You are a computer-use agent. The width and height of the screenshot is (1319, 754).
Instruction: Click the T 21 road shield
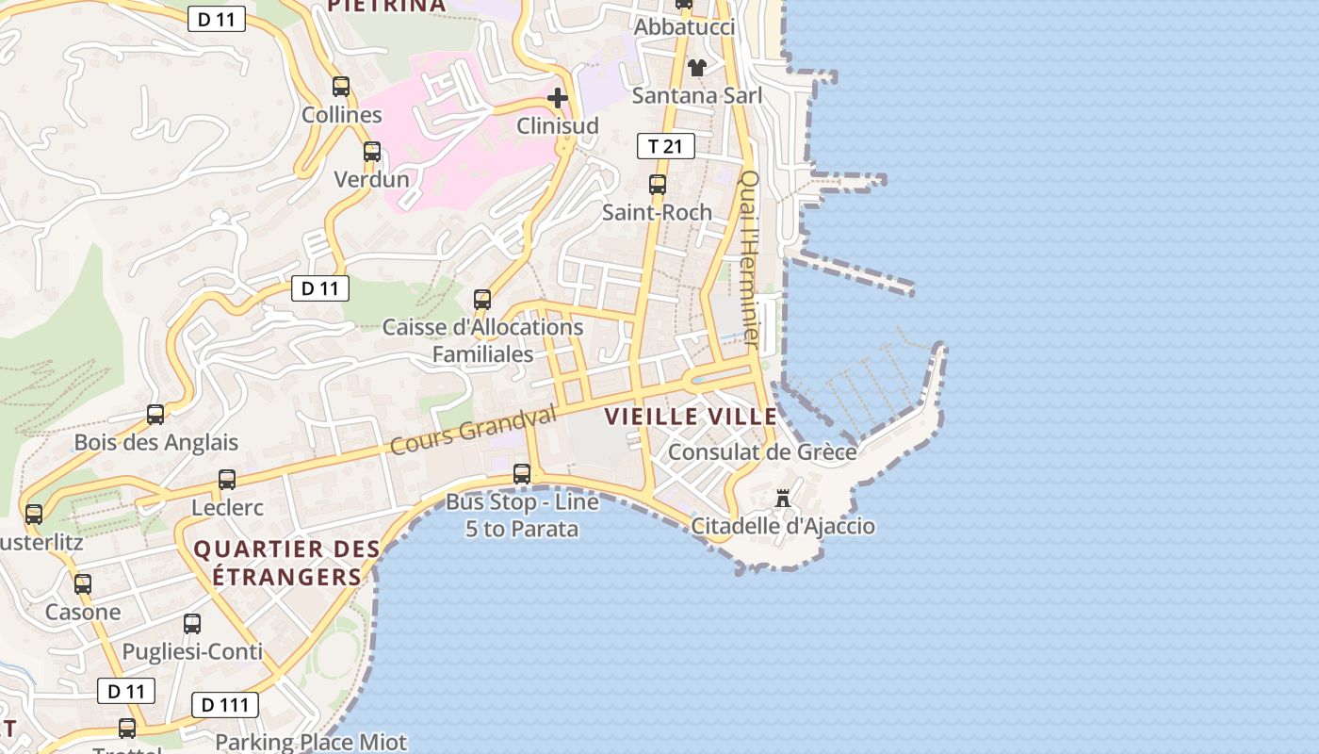tap(666, 146)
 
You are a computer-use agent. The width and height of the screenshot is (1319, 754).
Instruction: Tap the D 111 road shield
tap(225, 704)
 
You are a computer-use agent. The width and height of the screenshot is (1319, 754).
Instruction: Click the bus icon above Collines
tap(341, 87)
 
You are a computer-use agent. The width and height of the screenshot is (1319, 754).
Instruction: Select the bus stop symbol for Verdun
tap(372, 151)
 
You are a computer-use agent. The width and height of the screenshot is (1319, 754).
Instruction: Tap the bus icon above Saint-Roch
tap(658, 185)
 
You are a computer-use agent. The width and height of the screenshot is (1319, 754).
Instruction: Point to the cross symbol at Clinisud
tap(558, 97)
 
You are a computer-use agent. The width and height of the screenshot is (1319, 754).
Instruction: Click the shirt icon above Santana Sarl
tap(697, 68)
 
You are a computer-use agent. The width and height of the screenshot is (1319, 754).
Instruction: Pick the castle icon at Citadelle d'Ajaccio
tap(782, 498)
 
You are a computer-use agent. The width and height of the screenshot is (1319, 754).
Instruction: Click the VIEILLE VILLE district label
tap(691, 417)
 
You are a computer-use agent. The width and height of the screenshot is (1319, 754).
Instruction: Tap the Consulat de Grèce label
tap(762, 452)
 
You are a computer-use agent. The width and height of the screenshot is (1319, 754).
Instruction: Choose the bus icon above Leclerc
tap(227, 480)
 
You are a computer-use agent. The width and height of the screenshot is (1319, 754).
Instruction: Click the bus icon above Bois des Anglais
tap(155, 415)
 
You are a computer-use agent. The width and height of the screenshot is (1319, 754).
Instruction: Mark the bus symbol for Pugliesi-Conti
tap(192, 624)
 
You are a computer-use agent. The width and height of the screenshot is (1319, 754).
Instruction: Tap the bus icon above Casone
tap(83, 584)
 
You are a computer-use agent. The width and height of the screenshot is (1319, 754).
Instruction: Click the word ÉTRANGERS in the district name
tap(286, 577)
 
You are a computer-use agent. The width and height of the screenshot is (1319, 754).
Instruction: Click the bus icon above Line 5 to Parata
tap(522, 474)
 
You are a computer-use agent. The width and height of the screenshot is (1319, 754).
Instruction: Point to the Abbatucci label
tap(684, 27)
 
